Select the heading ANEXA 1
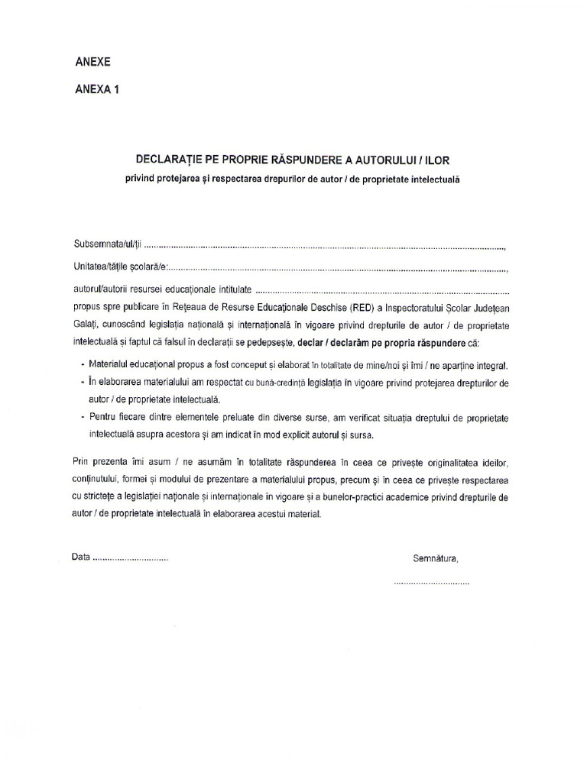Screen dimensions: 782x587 pos(97,89)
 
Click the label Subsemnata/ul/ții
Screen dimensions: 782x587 pos(107,247)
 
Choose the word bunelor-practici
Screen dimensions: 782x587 pos(390,498)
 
